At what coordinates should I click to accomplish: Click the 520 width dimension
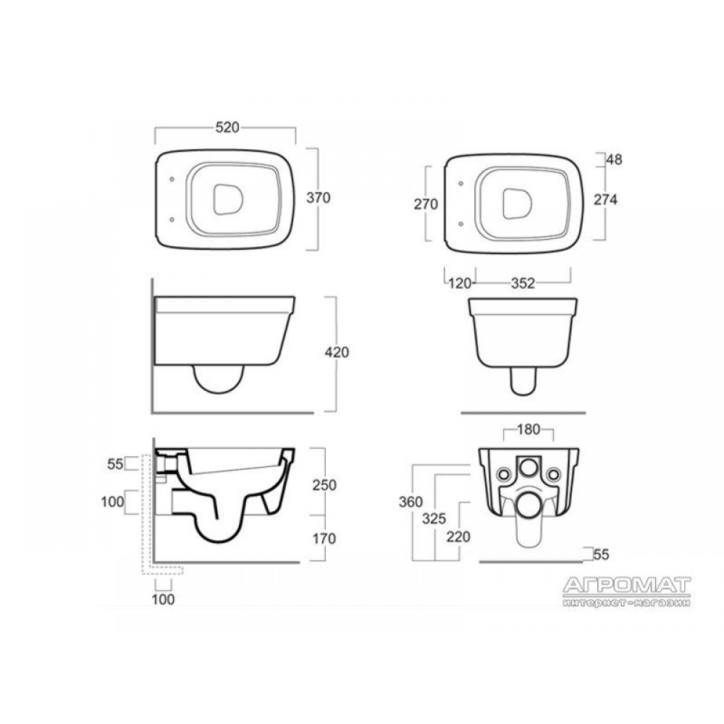click(x=227, y=127)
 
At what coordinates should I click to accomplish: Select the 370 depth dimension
click(x=319, y=198)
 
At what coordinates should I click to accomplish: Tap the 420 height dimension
click(x=337, y=353)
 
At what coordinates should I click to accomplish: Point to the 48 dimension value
click(x=615, y=159)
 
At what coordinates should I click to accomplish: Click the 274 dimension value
click(x=605, y=200)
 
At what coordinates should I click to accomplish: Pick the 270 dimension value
click(x=426, y=203)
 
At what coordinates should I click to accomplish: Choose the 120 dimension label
click(x=460, y=283)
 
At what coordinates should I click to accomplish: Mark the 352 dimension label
click(x=523, y=283)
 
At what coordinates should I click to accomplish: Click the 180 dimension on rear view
click(x=529, y=429)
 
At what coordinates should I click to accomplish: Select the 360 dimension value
click(x=411, y=502)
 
